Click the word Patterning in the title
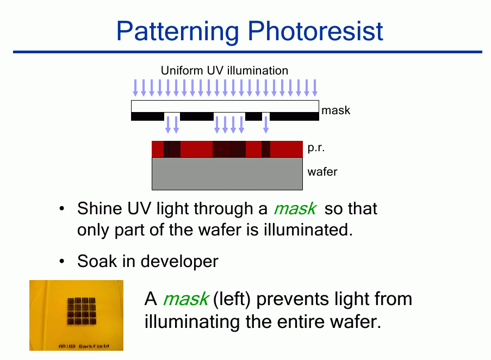[x=178, y=32]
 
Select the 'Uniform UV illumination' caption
[x=224, y=71]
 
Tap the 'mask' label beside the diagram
[x=335, y=110]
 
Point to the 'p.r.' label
[x=316, y=147]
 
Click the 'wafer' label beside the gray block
[x=322, y=171]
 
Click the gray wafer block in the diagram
[x=227, y=173]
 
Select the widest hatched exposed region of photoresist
[x=229, y=149]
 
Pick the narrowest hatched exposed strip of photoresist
[x=266, y=149]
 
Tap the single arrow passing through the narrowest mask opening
[x=266, y=125]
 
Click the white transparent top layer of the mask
[x=225, y=107]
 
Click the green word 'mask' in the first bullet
[x=295, y=209]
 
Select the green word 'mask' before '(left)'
[x=186, y=299]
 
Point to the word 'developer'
[x=179, y=262]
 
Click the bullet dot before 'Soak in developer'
[x=62, y=261]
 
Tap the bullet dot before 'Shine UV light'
[x=62, y=208]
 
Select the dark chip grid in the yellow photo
[x=82, y=311]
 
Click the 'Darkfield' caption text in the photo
[x=94, y=346]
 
